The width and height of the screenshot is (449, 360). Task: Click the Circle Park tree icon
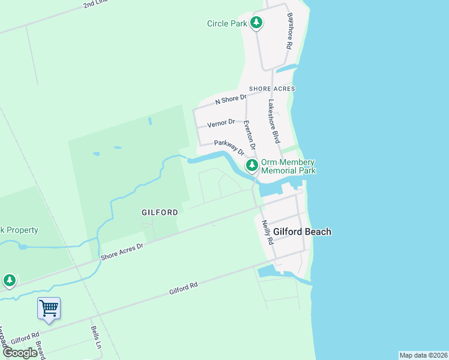(257, 23)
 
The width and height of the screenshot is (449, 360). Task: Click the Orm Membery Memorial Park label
(288, 166)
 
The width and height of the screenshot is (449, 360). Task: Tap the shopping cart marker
(49, 308)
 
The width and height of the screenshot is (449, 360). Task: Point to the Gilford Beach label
(302, 232)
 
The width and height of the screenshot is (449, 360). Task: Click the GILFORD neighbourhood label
(160, 212)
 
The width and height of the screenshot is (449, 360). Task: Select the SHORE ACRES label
(272, 89)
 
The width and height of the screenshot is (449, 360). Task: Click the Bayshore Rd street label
(289, 31)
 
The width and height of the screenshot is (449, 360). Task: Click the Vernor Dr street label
(221, 124)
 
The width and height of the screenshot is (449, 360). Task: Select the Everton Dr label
(250, 135)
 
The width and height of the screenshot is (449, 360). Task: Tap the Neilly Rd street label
(267, 232)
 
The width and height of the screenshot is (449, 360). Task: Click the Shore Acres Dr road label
(122, 251)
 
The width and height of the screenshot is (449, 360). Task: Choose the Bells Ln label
(95, 337)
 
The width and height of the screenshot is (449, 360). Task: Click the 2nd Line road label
(95, 4)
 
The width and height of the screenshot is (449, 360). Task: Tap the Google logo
(20, 353)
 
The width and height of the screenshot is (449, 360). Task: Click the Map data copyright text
(423, 355)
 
